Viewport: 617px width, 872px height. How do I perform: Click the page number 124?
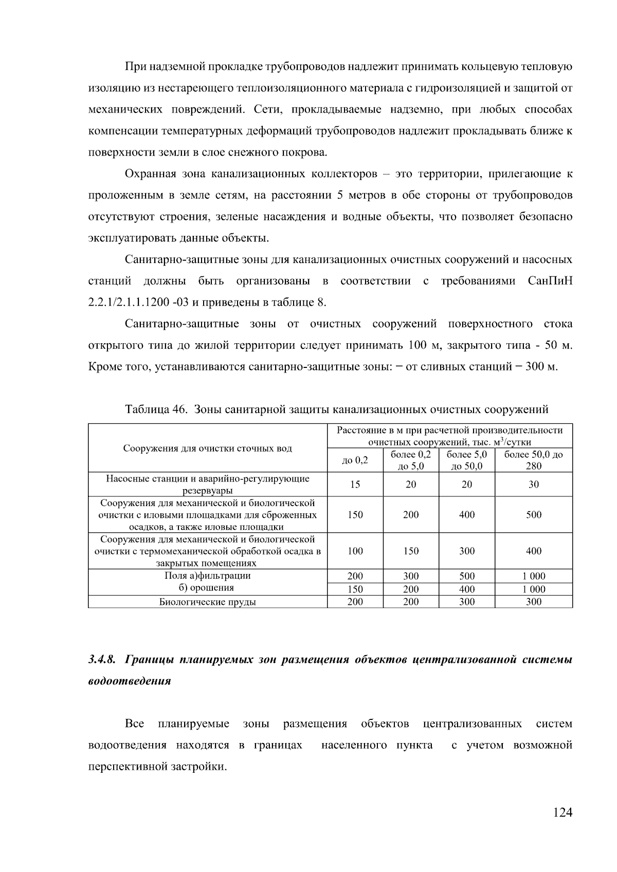click(x=562, y=812)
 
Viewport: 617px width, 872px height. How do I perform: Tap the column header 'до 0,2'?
click(x=355, y=460)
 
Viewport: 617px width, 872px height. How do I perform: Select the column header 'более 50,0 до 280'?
click(x=533, y=460)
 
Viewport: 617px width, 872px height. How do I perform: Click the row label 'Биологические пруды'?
click(x=207, y=602)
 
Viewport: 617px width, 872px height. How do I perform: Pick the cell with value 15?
click(x=355, y=484)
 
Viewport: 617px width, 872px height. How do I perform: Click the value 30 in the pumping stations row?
click(x=533, y=484)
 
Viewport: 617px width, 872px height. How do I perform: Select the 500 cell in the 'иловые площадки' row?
click(x=533, y=514)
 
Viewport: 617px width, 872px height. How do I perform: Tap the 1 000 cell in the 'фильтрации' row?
click(x=533, y=576)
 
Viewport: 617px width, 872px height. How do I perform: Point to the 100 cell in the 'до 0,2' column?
click(x=355, y=551)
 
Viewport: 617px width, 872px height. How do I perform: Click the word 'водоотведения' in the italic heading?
click(x=130, y=681)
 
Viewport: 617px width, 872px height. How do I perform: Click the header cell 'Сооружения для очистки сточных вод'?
click(x=207, y=448)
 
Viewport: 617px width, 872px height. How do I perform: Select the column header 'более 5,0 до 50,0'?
click(x=466, y=460)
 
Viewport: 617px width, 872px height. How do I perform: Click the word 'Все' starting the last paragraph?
click(x=134, y=724)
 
